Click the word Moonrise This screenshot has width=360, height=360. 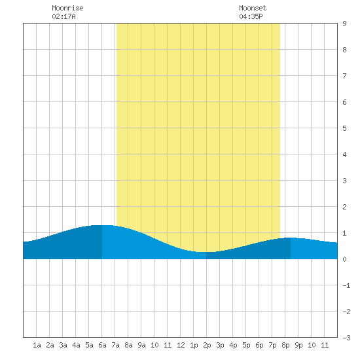tap(67, 8)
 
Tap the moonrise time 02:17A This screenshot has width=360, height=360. tap(63, 16)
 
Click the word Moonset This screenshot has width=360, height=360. tap(253, 8)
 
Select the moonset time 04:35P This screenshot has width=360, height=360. tap(251, 16)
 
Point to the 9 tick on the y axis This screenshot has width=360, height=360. tap(344, 24)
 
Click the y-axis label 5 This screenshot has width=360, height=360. tap(344, 128)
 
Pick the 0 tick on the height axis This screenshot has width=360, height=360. tap(344, 259)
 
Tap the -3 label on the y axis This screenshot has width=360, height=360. tap(346, 338)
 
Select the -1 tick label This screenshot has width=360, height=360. tap(346, 285)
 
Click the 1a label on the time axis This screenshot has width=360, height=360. tap(37, 345)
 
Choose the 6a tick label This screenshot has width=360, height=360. tap(102, 345)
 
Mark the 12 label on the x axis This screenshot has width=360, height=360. tap(181, 345)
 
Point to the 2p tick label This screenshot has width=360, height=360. tap(207, 345)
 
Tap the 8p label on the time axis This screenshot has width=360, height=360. tap(285, 345)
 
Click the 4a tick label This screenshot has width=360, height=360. tap(76, 345)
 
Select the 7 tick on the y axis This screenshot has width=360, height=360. tap(344, 76)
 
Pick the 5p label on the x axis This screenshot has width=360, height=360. tap(246, 345)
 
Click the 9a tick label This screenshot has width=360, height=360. tap(141, 345)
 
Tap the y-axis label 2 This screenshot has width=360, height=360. tap(344, 207)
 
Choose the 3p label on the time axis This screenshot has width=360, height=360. tap(220, 345)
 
